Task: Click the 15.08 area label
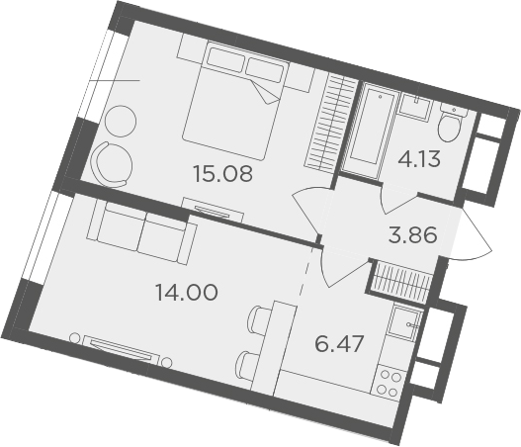tap(222, 173)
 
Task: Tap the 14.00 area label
tap(187, 292)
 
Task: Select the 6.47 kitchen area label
tap(339, 343)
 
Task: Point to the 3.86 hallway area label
tap(412, 234)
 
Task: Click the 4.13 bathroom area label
tap(419, 159)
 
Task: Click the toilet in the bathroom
tap(451, 122)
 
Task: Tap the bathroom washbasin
tap(415, 107)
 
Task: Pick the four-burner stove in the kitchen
tap(388, 383)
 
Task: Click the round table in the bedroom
tap(121, 121)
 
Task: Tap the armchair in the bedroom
tap(112, 165)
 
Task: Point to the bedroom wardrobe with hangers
tap(331, 123)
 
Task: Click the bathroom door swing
tap(398, 198)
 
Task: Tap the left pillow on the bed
tap(226, 58)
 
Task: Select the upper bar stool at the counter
tap(256, 319)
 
